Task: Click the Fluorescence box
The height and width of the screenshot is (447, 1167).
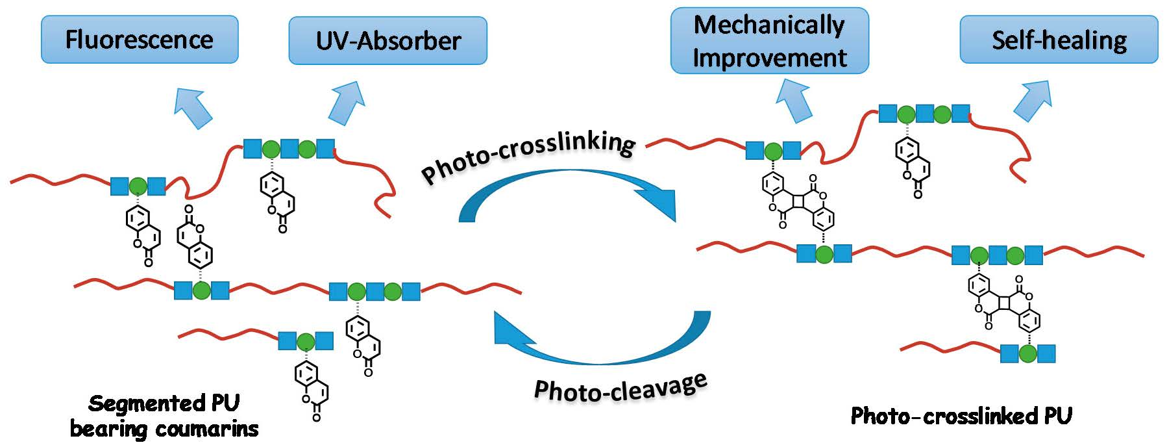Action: click(x=140, y=40)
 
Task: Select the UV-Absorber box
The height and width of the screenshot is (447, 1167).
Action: click(x=387, y=41)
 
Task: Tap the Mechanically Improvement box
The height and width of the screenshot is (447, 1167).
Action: click(x=769, y=41)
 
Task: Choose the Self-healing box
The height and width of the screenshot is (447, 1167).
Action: click(x=1059, y=40)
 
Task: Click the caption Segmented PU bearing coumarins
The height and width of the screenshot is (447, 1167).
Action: click(x=164, y=416)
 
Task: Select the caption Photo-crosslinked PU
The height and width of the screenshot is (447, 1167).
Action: click(x=961, y=416)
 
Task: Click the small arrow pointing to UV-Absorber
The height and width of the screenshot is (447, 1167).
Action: click(x=346, y=102)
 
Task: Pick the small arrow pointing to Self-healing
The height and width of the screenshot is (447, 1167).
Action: click(x=1033, y=100)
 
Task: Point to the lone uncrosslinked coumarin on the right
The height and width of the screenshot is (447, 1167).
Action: click(x=913, y=166)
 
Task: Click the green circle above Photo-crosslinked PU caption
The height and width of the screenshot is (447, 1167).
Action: click(x=1027, y=354)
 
